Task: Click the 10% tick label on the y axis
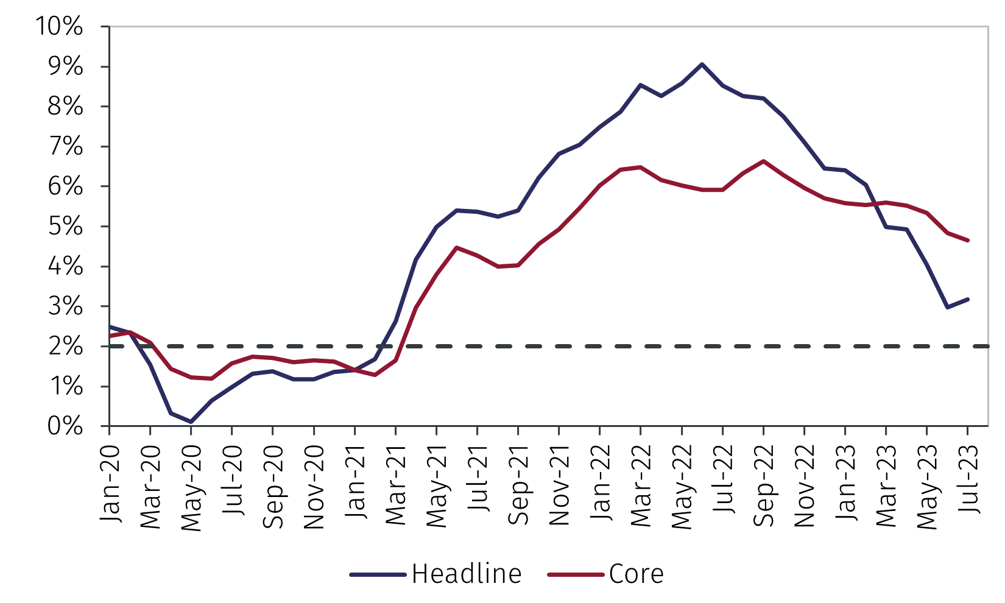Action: (x=58, y=27)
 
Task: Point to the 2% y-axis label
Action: (x=66, y=347)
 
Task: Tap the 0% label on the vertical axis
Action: (x=66, y=426)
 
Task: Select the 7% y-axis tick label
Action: (x=66, y=147)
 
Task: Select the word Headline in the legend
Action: (x=467, y=574)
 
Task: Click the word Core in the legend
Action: (x=636, y=574)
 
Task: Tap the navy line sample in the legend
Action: (x=378, y=574)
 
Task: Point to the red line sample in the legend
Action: (x=576, y=574)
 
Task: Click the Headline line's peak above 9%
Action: (x=702, y=64)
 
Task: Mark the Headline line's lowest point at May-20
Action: (x=191, y=421)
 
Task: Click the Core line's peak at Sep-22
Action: (x=764, y=161)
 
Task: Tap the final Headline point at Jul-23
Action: (x=968, y=299)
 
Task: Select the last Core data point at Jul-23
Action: (x=968, y=241)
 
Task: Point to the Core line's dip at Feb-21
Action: (x=375, y=375)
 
